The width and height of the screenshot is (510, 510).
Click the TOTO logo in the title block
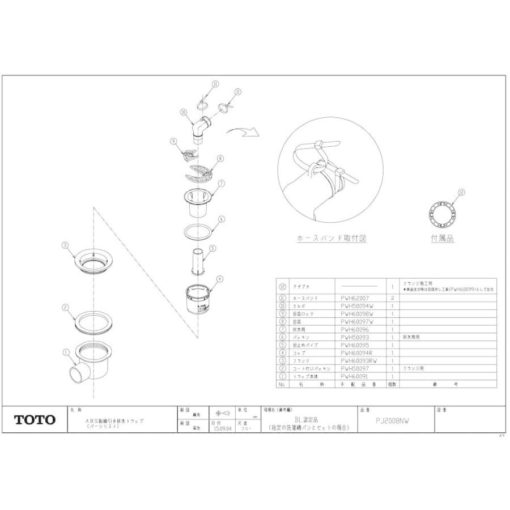pyautogui.click(x=35, y=420)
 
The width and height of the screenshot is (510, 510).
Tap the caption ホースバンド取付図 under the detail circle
pyautogui.click(x=331, y=239)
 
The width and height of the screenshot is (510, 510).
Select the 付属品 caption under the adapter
pyautogui.click(x=442, y=239)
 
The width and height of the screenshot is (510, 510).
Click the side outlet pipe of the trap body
pyautogui.click(x=77, y=375)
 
